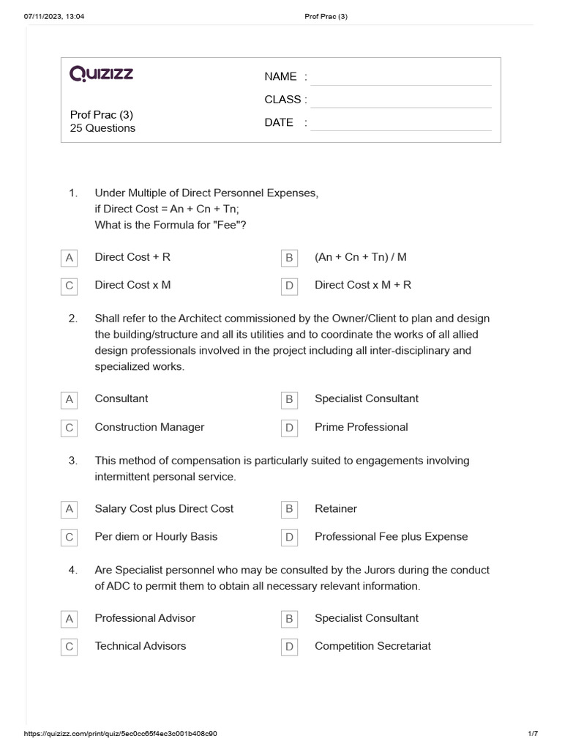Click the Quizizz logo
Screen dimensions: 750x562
pyautogui.click(x=101, y=73)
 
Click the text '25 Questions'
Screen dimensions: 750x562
pyautogui.click(x=102, y=128)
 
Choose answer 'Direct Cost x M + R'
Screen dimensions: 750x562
pyautogui.click(x=363, y=285)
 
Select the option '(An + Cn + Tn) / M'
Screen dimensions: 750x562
pyautogui.click(x=361, y=257)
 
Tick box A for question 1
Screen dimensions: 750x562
pyautogui.click(x=70, y=258)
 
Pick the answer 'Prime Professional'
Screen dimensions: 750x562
pyautogui.click(x=361, y=427)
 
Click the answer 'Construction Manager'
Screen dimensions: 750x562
pyautogui.click(x=149, y=427)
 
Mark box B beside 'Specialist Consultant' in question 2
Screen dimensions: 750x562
pyautogui.click(x=289, y=399)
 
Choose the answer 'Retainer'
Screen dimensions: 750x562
pyautogui.click(x=336, y=508)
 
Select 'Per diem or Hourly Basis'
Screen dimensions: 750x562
pyautogui.click(x=156, y=536)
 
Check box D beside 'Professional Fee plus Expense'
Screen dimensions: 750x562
pyautogui.click(x=289, y=537)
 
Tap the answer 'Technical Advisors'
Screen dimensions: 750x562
pyautogui.click(x=140, y=646)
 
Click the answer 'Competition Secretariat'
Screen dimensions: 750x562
pyautogui.click(x=372, y=646)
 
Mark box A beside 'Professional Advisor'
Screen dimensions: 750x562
pyautogui.click(x=70, y=619)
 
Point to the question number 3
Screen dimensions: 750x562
pyautogui.click(x=73, y=461)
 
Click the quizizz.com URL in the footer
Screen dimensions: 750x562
pyautogui.click(x=121, y=734)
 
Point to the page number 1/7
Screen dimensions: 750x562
pyautogui.click(x=533, y=734)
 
